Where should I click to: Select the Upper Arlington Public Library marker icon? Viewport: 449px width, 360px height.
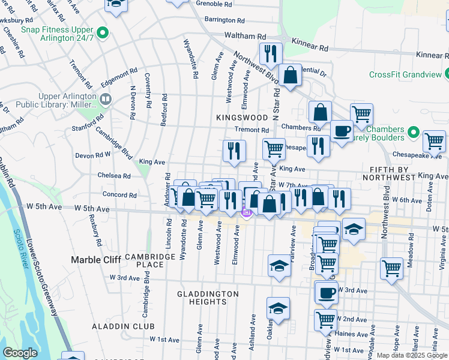(106, 99)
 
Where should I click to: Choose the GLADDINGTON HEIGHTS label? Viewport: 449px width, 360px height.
(208, 298)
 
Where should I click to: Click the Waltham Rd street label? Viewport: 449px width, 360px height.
(245, 36)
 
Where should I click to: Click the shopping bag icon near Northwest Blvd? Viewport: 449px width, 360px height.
(290, 76)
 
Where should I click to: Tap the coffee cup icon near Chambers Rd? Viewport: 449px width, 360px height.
(342, 131)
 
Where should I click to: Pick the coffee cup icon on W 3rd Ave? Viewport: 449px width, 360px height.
(327, 293)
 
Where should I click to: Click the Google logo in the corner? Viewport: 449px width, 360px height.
(20, 353)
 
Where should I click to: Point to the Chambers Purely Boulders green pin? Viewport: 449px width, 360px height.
(413, 132)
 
